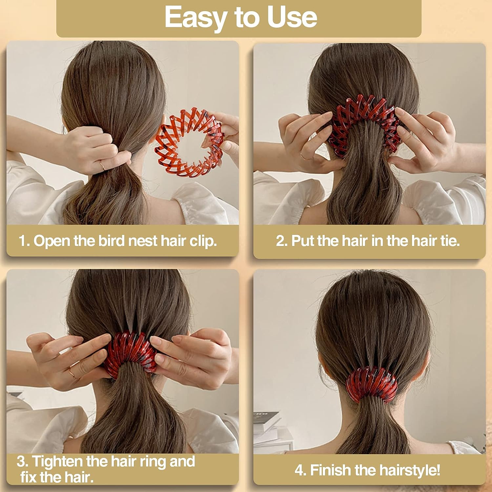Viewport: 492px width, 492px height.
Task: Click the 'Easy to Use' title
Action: (x=241, y=17)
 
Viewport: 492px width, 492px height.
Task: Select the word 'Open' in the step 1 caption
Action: (x=52, y=241)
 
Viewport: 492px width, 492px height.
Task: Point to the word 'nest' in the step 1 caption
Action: (x=143, y=241)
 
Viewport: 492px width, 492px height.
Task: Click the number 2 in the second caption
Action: (x=281, y=241)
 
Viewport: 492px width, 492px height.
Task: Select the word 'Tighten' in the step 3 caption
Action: (x=58, y=461)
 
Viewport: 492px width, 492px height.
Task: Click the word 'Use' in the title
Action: (x=292, y=17)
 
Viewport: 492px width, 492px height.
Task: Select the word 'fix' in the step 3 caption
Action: (x=29, y=477)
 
